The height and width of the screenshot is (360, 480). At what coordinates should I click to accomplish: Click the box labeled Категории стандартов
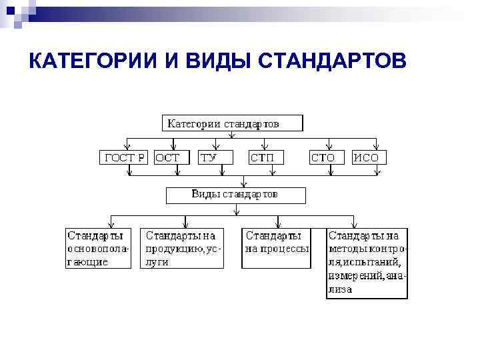[232, 123]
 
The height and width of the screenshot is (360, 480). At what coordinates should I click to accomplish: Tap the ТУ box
[217, 158]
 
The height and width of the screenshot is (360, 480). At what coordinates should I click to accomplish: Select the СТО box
[327, 158]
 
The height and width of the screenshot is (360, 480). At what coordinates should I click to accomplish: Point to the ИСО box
[369, 158]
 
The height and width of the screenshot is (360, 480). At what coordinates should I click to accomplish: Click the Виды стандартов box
[235, 195]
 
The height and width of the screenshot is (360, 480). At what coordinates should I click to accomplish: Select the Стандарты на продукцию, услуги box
[183, 249]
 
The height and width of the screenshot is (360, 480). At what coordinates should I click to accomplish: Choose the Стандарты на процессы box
[276, 249]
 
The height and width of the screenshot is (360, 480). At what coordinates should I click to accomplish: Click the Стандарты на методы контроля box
[367, 263]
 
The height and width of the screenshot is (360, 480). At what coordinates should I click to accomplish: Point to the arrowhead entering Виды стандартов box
[243, 183]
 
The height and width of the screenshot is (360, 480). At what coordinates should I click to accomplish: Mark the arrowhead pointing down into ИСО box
[377, 147]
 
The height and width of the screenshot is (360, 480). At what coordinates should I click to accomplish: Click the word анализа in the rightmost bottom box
[340, 290]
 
